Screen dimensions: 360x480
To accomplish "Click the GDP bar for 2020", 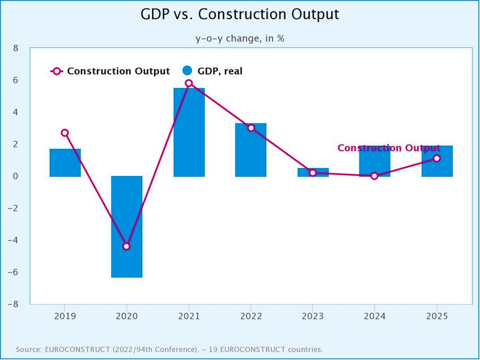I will click(126, 227).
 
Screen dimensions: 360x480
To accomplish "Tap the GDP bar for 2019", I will click(65, 163).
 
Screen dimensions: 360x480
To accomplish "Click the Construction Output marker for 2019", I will click(65, 133).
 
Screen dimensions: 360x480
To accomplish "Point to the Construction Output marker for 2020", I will click(126, 246).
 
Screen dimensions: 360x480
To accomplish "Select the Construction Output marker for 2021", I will click(189, 83).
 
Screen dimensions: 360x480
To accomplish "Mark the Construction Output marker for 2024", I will click(374, 176).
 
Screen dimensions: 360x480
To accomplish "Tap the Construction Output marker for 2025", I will click(437, 158).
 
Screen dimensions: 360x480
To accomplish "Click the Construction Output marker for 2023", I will click(313, 173).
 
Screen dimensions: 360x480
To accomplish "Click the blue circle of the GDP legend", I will click(187, 71).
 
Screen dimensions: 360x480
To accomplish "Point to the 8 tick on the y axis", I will click(15, 48).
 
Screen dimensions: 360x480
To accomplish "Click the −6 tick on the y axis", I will click(13, 272).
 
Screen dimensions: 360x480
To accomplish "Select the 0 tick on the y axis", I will click(15, 176).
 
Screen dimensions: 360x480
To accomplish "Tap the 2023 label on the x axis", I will click(313, 316).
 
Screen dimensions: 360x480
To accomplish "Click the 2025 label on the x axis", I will click(437, 316).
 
